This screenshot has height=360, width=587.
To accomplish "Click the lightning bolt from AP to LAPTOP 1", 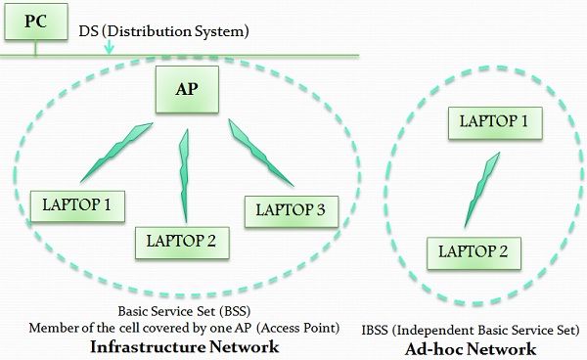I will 114,152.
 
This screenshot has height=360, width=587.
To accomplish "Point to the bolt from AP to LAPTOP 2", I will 183,176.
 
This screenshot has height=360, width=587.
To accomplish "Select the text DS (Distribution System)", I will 164,31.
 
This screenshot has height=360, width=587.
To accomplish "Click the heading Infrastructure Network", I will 184,346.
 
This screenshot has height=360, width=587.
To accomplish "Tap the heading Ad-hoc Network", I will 474,348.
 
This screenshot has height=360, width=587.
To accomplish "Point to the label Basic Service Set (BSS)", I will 183,311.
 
